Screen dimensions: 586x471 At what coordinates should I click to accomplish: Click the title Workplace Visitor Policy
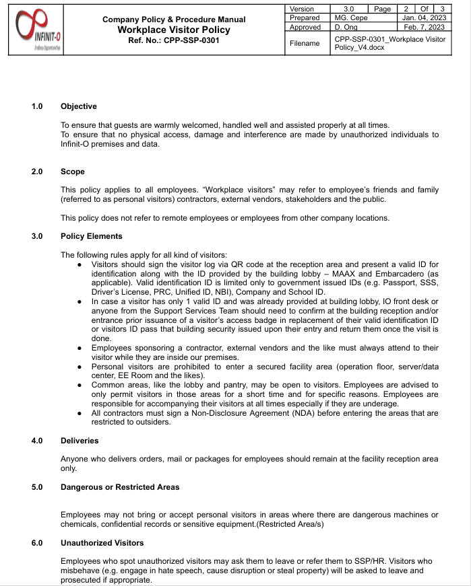(174, 30)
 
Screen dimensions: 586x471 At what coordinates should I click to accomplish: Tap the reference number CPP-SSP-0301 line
(174, 40)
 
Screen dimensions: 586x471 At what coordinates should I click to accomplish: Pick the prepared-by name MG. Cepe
(351, 17)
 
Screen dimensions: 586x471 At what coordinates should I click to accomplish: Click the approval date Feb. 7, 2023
(424, 27)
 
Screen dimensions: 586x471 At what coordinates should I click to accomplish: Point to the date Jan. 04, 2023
(424, 17)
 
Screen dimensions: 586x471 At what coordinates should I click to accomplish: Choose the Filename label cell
(305, 44)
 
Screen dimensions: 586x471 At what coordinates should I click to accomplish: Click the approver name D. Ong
(346, 27)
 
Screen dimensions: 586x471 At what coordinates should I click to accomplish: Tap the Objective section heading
(79, 106)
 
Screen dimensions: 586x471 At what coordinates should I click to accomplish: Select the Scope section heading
(73, 172)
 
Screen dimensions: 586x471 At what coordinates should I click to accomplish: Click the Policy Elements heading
(92, 236)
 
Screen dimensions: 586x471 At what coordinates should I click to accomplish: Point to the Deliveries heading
(80, 441)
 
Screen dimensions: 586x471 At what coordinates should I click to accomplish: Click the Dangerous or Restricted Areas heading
(120, 487)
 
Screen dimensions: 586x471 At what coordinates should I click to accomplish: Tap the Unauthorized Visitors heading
(102, 542)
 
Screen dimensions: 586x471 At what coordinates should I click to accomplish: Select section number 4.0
(37, 441)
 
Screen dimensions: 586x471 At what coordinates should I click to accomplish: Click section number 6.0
(37, 542)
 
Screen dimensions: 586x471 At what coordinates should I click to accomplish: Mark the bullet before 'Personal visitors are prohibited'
(80, 367)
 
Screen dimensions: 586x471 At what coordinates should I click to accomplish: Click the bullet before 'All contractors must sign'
(80, 413)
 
